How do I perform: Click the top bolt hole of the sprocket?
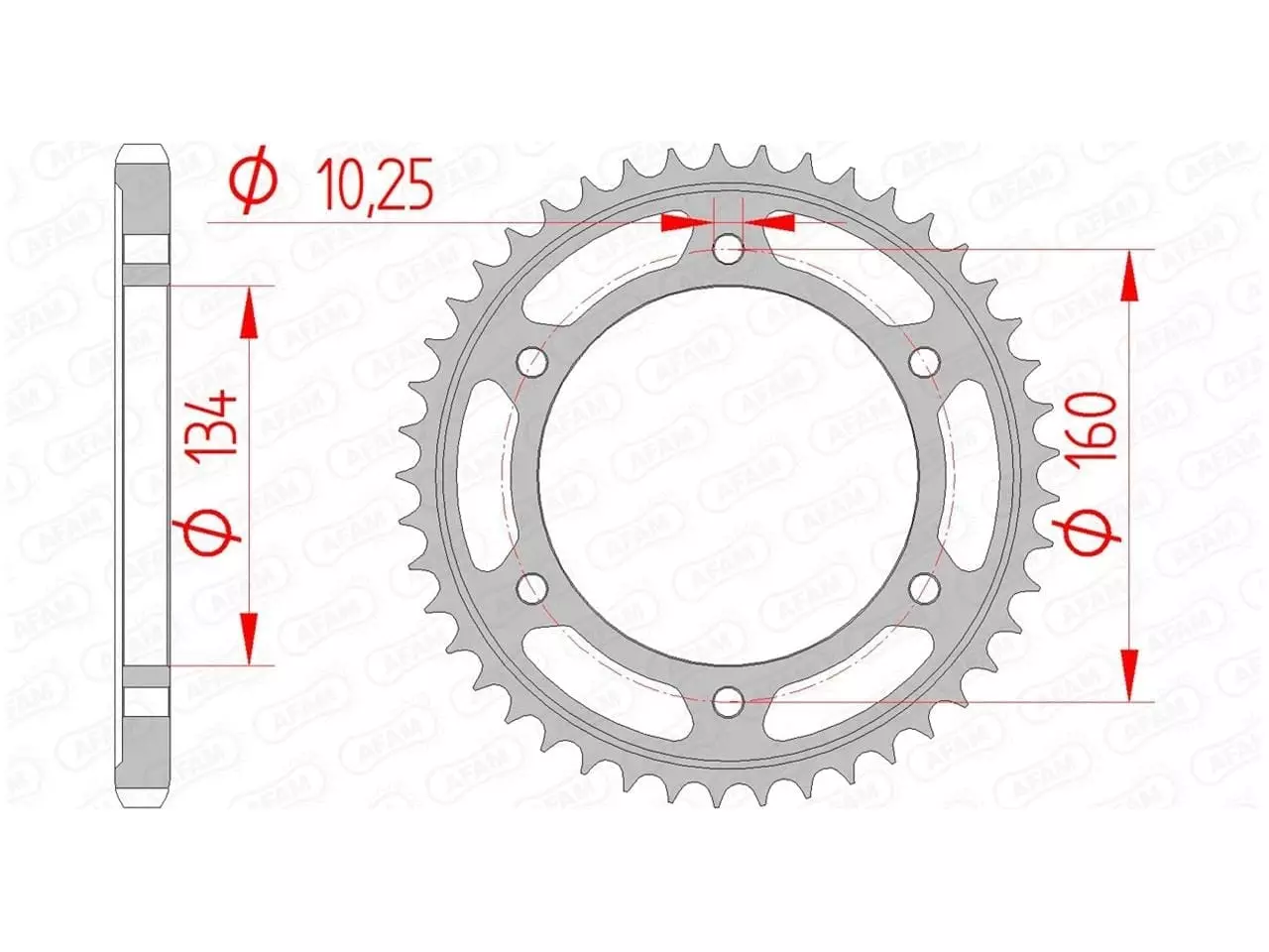(729, 249)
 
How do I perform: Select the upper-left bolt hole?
(533, 362)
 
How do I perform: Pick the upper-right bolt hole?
(925, 362)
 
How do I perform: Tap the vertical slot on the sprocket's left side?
(488, 474)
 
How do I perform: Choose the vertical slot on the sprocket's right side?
(970, 474)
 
